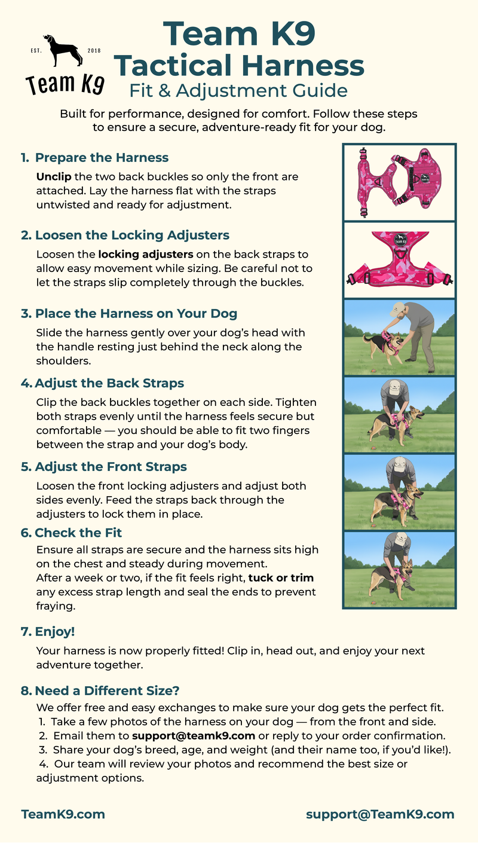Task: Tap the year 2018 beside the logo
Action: (x=94, y=50)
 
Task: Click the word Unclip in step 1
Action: (x=53, y=177)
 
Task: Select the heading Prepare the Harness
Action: (x=102, y=158)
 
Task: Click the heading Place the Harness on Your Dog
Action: (x=136, y=313)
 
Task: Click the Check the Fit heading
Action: (x=78, y=533)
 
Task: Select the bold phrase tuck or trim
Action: (x=281, y=578)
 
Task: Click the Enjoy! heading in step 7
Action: (x=55, y=631)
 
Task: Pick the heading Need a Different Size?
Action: (x=107, y=691)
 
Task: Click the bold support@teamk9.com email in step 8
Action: (x=194, y=735)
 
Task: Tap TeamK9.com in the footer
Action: (x=63, y=814)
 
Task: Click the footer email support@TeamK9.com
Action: (x=380, y=814)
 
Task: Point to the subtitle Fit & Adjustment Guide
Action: (x=238, y=90)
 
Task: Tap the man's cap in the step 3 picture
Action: (x=396, y=311)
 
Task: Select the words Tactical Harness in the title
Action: (x=239, y=65)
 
